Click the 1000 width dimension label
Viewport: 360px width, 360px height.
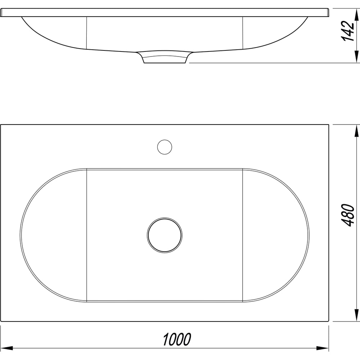pyautogui.click(x=177, y=339)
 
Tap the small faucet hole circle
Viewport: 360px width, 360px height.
pyautogui.click(x=165, y=147)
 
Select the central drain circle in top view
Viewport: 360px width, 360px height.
pyautogui.click(x=165, y=235)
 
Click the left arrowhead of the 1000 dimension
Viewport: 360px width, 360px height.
pyautogui.click(x=6, y=348)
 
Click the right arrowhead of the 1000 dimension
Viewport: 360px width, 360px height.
pyautogui.click(x=322, y=348)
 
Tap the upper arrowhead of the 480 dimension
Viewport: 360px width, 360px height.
pyautogui.click(x=356, y=131)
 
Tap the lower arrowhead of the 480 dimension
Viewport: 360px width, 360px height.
pyautogui.click(x=356, y=315)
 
